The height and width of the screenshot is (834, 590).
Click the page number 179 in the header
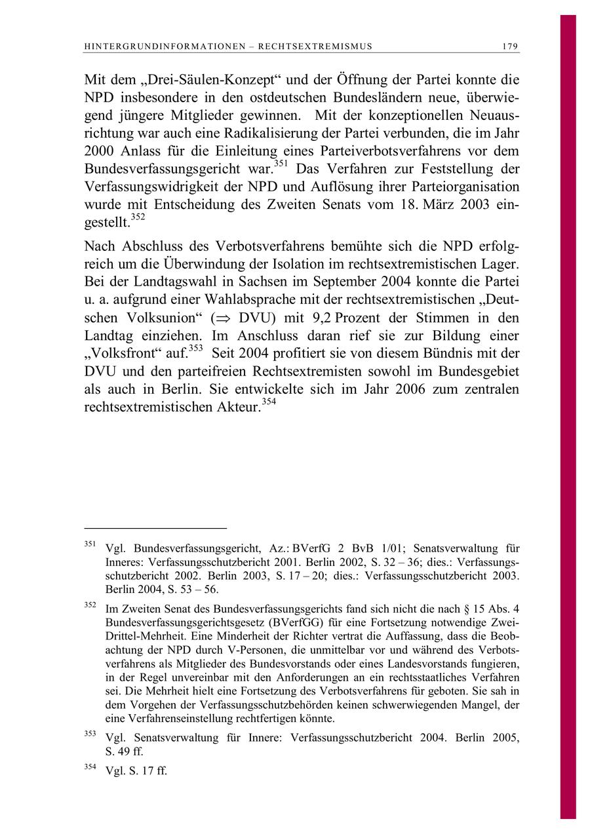tap(510, 47)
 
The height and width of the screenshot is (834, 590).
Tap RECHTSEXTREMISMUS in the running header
tap(315, 47)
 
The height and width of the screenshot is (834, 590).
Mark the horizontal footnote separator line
tap(155, 527)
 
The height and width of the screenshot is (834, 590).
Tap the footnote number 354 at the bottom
tap(91, 767)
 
